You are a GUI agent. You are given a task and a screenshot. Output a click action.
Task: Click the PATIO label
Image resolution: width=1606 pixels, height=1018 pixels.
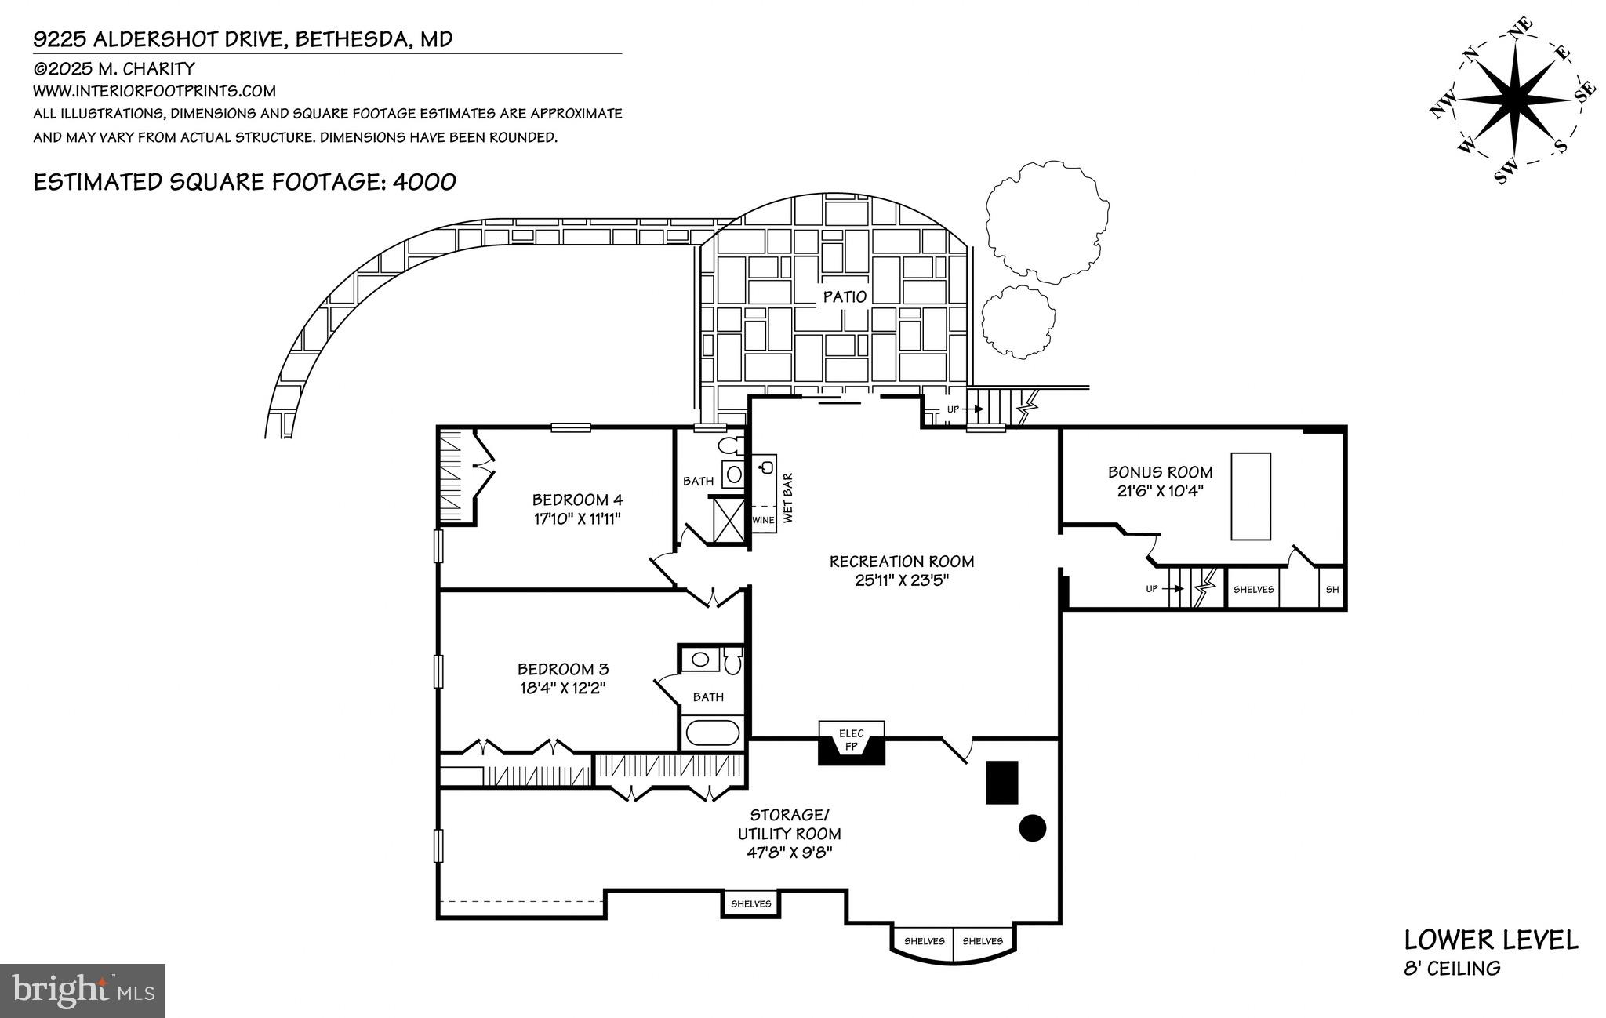point(845,297)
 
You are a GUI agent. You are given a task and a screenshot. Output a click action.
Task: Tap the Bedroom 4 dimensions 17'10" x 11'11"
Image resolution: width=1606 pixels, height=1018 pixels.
point(576,518)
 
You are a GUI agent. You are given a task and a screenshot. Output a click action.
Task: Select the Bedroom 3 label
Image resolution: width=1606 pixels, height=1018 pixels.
point(562,669)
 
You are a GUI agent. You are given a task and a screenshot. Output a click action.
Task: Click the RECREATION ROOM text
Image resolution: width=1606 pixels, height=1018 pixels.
point(902,562)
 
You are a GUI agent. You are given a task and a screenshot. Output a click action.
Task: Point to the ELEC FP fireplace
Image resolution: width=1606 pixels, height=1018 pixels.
point(852,743)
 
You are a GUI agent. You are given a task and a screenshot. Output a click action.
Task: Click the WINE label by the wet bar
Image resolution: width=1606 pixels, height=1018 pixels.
point(763,520)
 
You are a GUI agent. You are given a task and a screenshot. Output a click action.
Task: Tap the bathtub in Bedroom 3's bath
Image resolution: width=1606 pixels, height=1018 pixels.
point(713,733)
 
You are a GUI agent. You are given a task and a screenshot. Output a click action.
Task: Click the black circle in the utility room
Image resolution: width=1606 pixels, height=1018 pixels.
point(1033,827)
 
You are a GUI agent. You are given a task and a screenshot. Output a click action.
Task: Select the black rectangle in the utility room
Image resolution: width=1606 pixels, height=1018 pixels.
point(1002,782)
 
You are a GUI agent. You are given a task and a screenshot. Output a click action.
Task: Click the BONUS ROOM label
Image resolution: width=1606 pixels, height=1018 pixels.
point(1160,472)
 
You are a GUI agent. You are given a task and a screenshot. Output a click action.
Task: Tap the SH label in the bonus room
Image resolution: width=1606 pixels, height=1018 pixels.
point(1332,590)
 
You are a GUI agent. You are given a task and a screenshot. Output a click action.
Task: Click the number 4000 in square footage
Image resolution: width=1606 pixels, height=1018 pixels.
point(424,182)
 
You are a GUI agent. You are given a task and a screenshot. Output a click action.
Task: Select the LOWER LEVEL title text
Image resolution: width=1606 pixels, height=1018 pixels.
point(1491,940)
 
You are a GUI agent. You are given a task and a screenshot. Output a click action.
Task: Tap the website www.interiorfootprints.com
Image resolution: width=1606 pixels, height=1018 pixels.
point(154,91)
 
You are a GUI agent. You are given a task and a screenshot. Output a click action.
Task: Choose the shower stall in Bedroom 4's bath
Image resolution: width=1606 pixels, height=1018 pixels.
point(729,518)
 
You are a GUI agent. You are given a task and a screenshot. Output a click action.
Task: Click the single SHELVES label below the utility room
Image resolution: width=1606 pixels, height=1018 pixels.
point(750,903)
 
